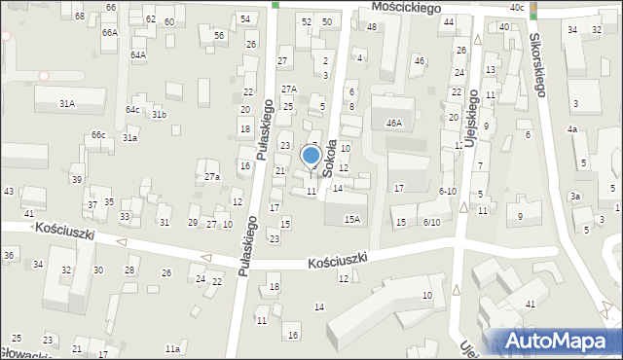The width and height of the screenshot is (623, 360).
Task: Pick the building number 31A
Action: (67, 103)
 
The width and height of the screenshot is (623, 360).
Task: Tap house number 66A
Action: (109, 32)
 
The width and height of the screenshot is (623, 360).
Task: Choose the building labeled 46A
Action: (393, 124)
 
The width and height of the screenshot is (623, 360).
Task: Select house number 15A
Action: (351, 219)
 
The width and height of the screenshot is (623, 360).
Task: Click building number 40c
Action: (516, 8)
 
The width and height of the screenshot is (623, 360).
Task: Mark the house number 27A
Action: (288, 89)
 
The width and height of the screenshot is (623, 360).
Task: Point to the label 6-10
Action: (447, 191)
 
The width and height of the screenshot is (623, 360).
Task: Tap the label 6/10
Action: (432, 222)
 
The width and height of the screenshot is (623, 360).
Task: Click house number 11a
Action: (172, 348)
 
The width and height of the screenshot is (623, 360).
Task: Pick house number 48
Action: (371, 26)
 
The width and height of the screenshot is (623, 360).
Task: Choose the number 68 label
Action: (79, 17)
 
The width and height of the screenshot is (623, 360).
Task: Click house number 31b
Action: (159, 115)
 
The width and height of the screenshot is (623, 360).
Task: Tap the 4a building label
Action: (573, 129)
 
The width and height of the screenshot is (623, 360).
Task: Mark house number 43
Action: (9, 191)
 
